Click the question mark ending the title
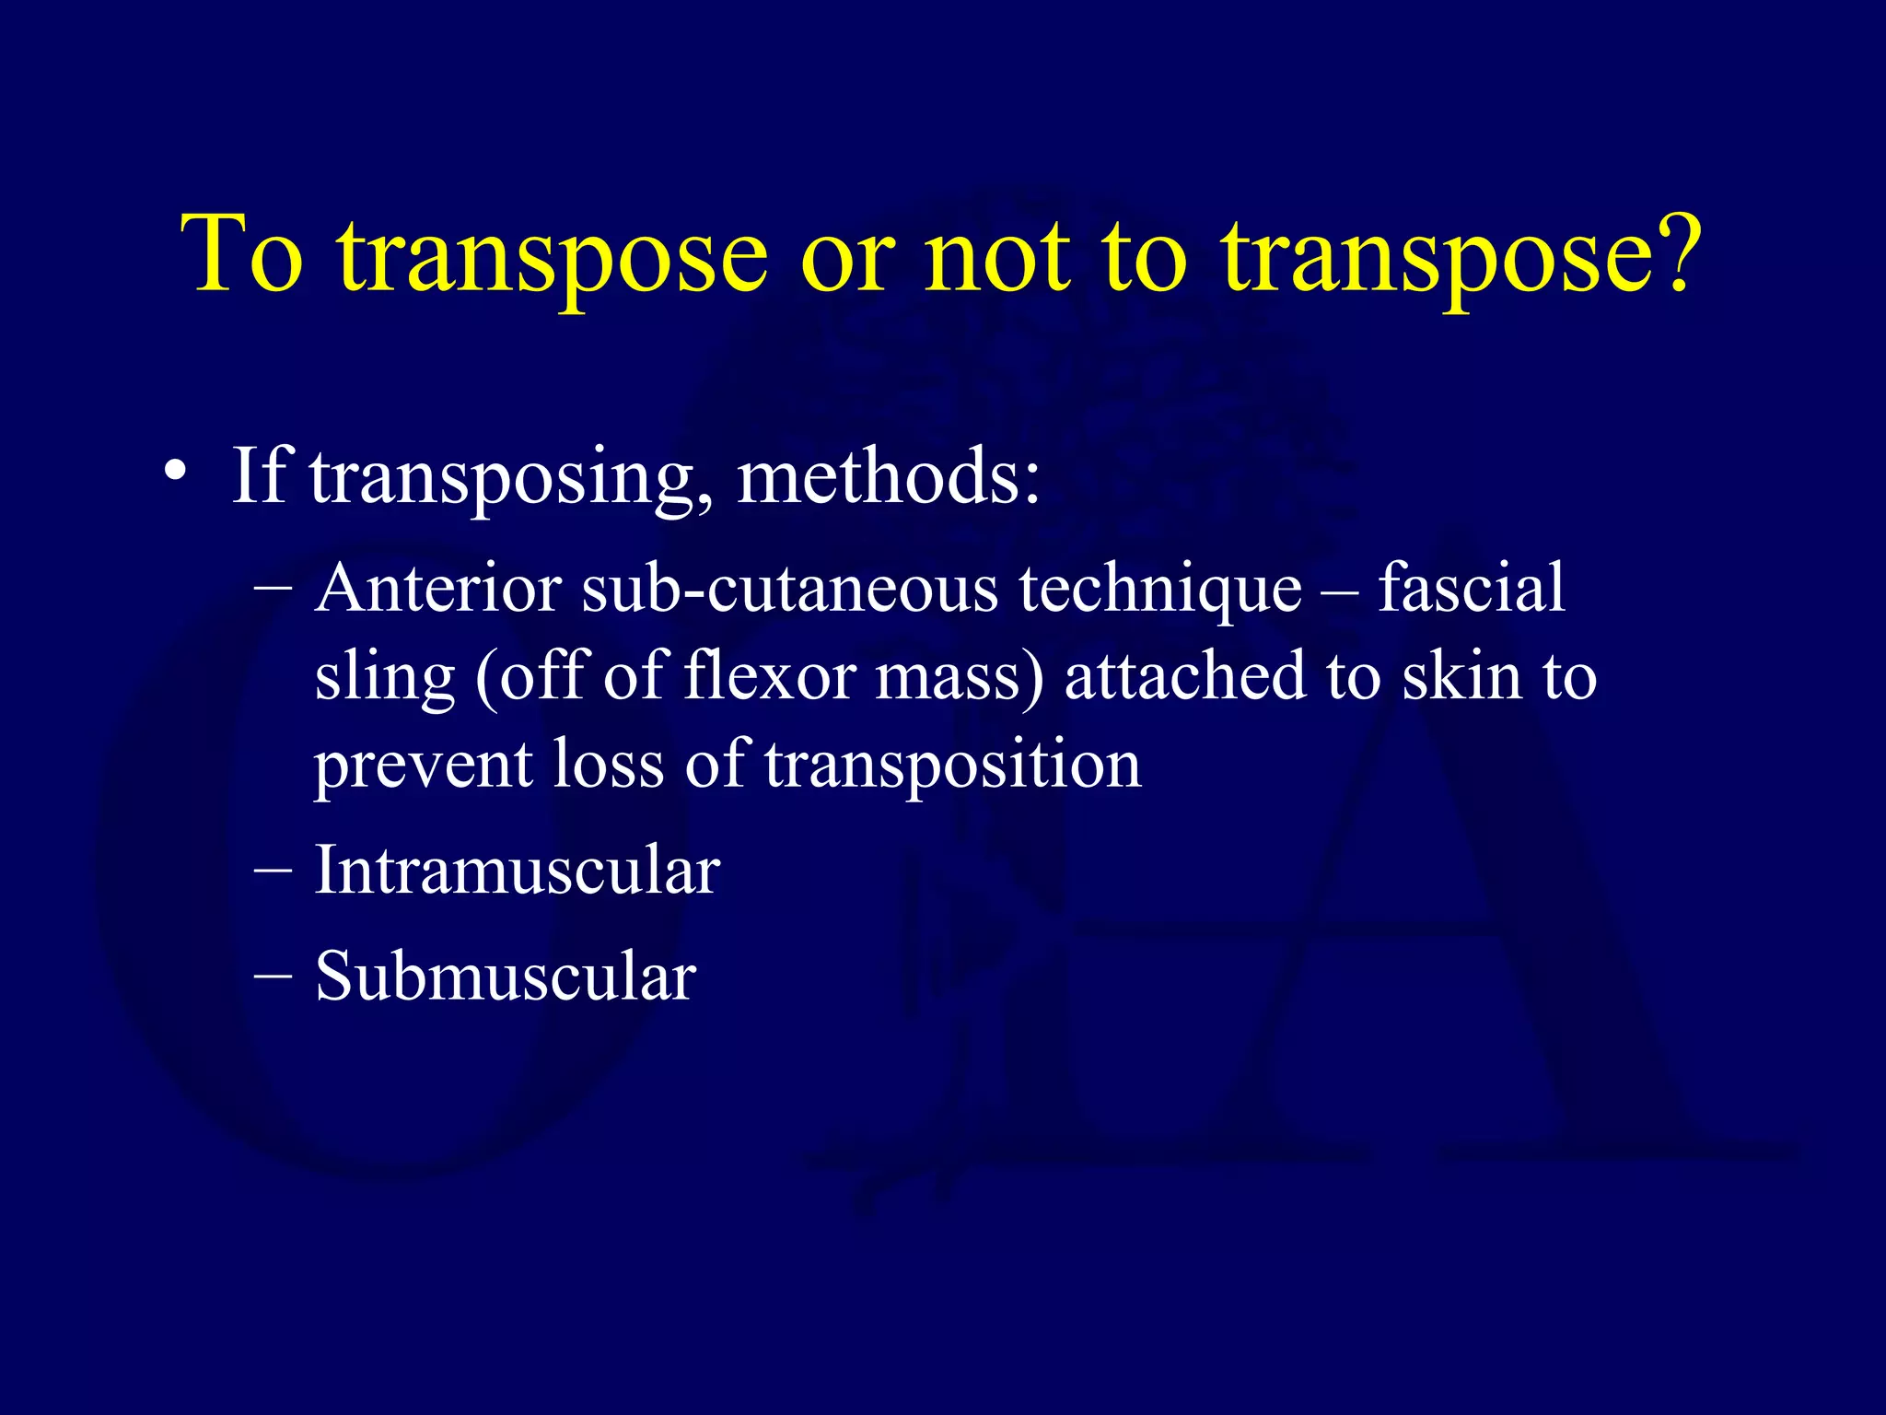tap(1666, 251)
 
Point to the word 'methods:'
tap(889, 477)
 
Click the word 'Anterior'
tap(437, 588)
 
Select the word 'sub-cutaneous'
tap(790, 588)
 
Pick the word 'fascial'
tap(1471, 588)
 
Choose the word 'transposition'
tap(953, 765)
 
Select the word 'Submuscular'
tap(505, 976)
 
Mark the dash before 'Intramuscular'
tap(273, 871)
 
